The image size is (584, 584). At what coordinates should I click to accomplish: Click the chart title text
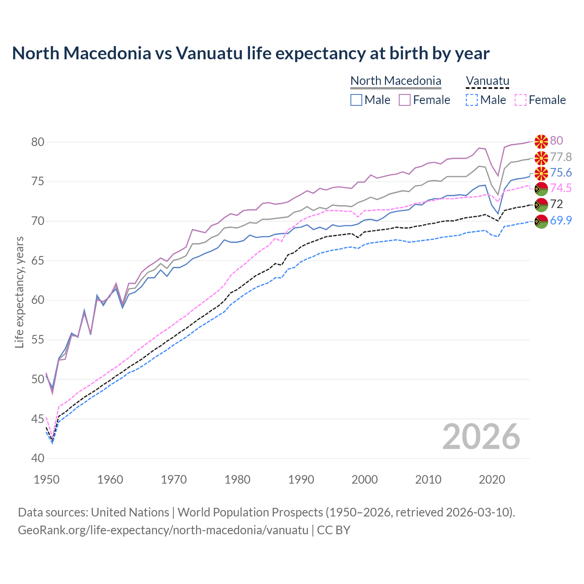[x=250, y=53]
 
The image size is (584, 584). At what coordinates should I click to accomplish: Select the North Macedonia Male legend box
[x=356, y=100]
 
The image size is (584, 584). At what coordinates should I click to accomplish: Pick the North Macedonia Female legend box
[x=405, y=100]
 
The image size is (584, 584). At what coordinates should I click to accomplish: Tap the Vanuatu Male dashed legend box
[x=472, y=100]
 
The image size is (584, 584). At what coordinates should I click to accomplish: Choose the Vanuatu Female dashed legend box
[x=521, y=100]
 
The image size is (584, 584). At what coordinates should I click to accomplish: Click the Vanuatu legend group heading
[x=487, y=81]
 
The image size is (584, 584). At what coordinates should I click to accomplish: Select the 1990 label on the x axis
[x=301, y=480]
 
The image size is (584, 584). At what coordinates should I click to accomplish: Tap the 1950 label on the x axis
[x=47, y=480]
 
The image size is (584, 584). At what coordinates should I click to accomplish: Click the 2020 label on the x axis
[x=492, y=480]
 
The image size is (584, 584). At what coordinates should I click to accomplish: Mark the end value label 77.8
[x=561, y=157]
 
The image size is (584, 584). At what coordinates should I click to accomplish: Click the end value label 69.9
[x=561, y=221]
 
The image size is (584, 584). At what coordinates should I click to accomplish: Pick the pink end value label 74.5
[x=561, y=188]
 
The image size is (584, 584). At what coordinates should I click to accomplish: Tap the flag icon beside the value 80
[x=541, y=141]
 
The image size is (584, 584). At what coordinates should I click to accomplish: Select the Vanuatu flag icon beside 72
[x=541, y=205]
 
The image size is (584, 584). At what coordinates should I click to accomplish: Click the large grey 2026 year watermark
[x=481, y=437]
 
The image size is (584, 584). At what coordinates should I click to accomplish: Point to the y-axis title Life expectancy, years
[x=20, y=292]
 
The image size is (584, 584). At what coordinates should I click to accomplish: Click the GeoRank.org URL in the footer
[x=163, y=530]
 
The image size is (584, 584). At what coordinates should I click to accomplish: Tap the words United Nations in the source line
[x=130, y=512]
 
